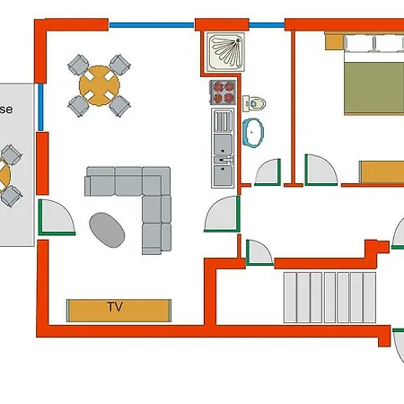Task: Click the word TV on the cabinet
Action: [114, 307]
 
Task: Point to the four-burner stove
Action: [223, 92]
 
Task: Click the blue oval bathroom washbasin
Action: [254, 133]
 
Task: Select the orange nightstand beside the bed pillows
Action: [333, 41]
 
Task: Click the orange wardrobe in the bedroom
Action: [382, 171]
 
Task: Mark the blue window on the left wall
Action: [40, 109]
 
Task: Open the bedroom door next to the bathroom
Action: [318, 170]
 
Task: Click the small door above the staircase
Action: [259, 252]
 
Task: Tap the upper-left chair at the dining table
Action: [77, 66]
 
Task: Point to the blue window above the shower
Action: [265, 25]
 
